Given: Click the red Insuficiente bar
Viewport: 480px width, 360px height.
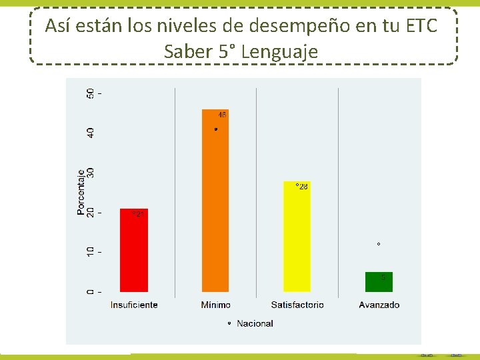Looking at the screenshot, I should pyautogui.click(x=133, y=251).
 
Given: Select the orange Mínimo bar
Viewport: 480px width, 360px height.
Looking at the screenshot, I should pyautogui.click(x=215, y=200).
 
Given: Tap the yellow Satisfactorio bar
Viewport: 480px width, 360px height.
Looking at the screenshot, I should pyautogui.click(x=297, y=237).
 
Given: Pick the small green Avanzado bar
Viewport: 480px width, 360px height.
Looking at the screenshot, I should pyautogui.click(x=379, y=282).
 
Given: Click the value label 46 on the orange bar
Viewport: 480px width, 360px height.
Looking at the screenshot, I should pyautogui.click(x=222, y=115).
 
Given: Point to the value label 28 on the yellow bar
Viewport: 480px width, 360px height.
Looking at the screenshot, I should pyautogui.click(x=303, y=187).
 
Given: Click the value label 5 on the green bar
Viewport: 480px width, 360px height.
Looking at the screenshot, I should pyautogui.click(x=383, y=277).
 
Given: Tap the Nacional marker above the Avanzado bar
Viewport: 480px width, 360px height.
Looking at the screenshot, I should pyautogui.click(x=379, y=245).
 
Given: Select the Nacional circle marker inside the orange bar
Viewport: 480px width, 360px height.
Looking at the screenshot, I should pyautogui.click(x=216, y=129).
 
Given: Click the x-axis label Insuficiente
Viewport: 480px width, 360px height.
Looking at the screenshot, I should pyautogui.click(x=134, y=305).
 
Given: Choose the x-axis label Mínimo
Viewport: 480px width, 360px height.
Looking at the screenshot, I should pyautogui.click(x=215, y=305).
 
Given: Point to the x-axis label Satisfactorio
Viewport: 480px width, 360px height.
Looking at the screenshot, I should pyautogui.click(x=297, y=305).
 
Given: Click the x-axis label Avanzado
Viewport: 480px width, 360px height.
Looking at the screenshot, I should pyautogui.click(x=379, y=305).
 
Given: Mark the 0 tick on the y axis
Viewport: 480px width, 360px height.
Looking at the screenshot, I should pyautogui.click(x=91, y=292).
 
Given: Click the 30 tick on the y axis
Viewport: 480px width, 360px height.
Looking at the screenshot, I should pyautogui.click(x=91, y=172).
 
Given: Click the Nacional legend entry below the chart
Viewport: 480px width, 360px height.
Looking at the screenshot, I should pyautogui.click(x=251, y=323).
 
